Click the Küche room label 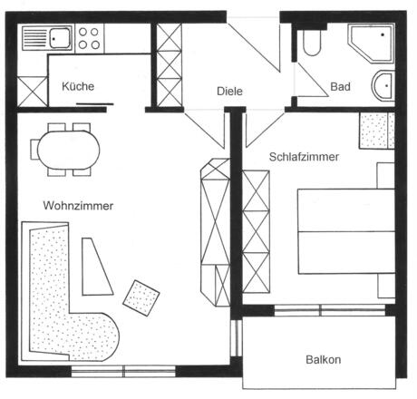(78, 86)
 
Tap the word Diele (229, 92)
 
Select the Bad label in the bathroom (340, 87)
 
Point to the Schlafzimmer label (304, 157)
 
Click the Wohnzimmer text (78, 206)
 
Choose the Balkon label (324, 360)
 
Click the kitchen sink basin (60, 38)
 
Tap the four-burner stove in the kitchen (89, 38)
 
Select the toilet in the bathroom (311, 43)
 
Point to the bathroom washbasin (383, 85)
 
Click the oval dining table (69, 150)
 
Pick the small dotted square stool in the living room (141, 298)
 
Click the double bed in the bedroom (346, 231)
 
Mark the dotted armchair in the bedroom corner (377, 131)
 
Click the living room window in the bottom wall (123, 371)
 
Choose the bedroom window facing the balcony (330, 310)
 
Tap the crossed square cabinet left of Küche (33, 92)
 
